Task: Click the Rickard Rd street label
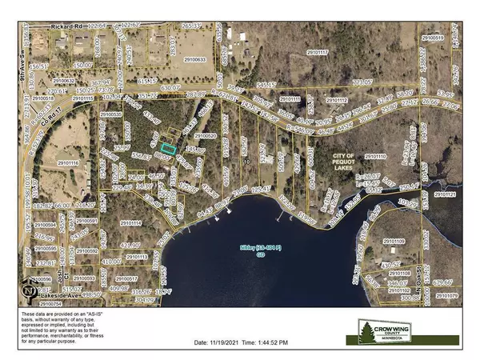click(66, 26)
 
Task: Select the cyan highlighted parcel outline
click(167, 147)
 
